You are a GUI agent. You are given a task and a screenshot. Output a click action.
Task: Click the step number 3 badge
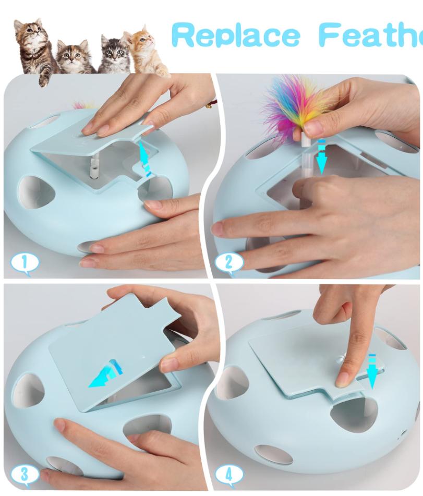23,475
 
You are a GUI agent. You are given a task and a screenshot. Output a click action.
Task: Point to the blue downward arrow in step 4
372,370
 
